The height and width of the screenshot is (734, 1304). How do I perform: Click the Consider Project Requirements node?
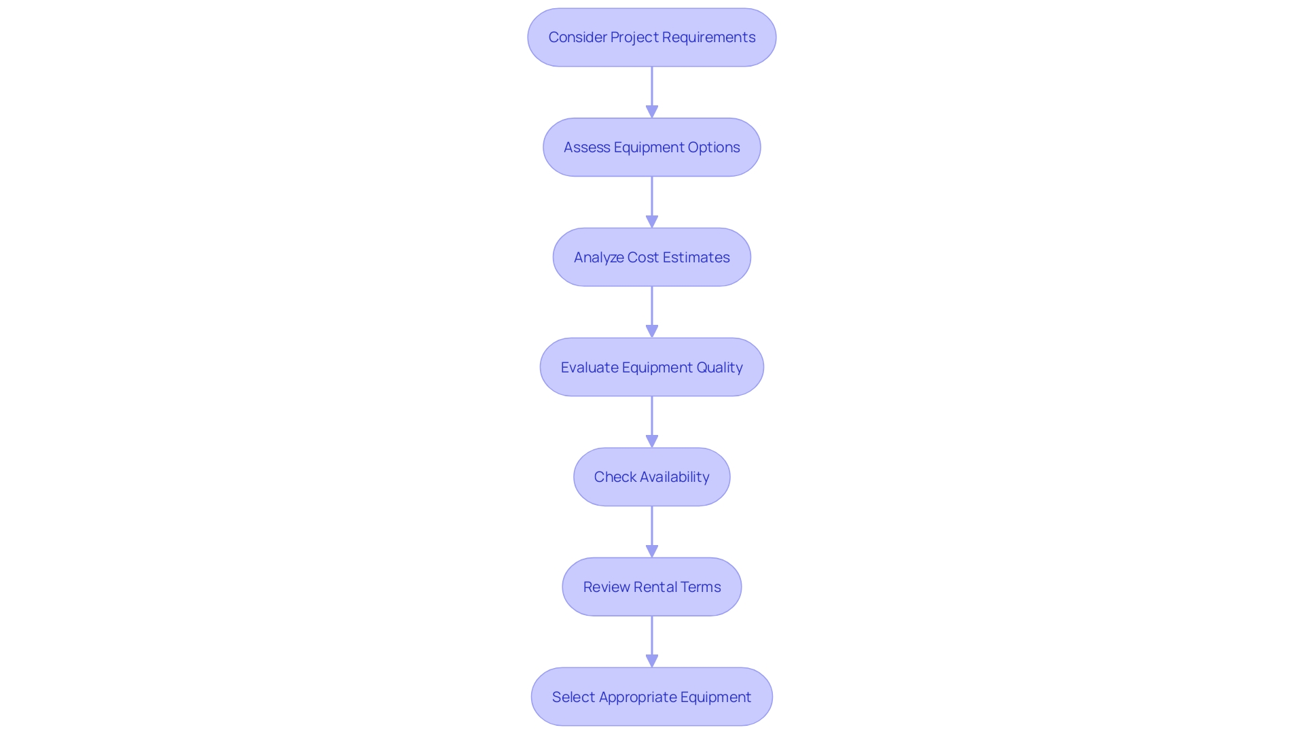tap(651, 37)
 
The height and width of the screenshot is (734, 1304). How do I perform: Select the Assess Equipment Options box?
tap(651, 147)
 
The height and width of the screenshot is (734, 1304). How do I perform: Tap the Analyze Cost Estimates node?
tap(651, 258)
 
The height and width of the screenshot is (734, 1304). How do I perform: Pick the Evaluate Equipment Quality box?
tap(651, 368)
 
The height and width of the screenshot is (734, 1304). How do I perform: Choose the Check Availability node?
tap(651, 477)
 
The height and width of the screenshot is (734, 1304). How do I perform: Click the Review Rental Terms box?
tap(651, 587)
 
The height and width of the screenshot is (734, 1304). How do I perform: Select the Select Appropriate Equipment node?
tap(651, 697)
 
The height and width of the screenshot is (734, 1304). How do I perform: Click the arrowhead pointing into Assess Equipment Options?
tap(652, 111)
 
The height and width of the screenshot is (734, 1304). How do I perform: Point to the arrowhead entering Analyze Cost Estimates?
tap(652, 222)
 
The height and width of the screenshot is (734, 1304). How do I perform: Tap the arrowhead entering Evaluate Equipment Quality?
tap(652, 331)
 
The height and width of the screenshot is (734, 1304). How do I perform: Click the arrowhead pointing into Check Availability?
tap(652, 441)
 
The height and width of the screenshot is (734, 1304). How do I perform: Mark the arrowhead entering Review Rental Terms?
tap(652, 551)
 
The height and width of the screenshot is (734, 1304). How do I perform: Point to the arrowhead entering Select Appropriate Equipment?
tap(652, 661)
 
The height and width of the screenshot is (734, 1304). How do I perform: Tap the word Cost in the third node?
tap(642, 258)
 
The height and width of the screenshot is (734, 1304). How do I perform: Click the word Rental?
tap(655, 587)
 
